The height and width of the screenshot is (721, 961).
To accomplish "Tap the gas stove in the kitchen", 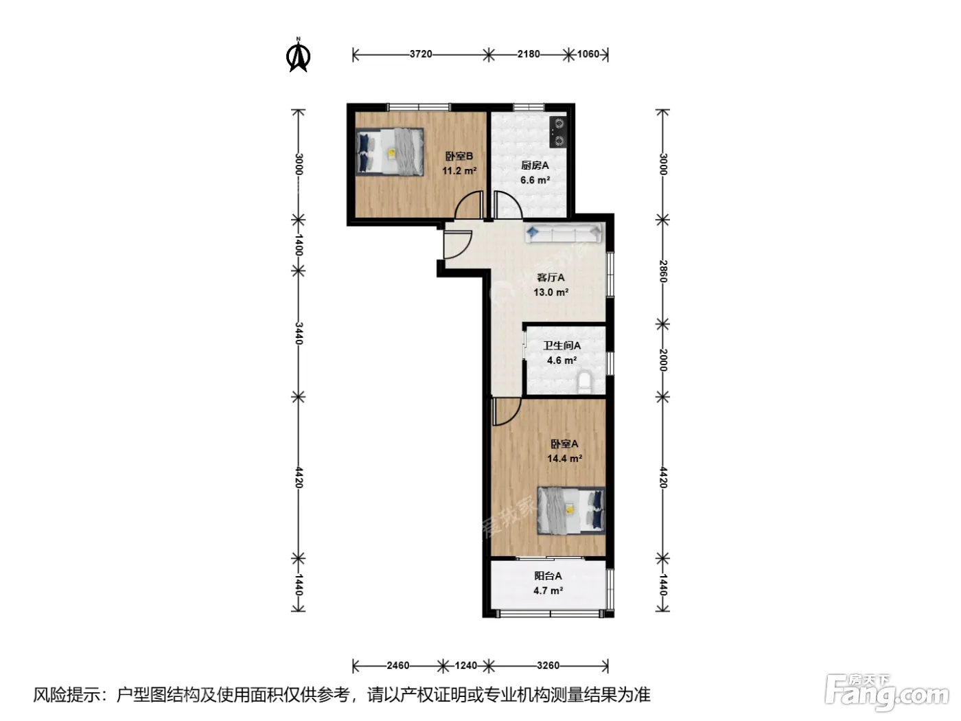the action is (558, 133).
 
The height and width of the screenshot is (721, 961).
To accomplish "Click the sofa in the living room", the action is (564, 233).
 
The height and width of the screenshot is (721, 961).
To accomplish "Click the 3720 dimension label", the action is (421, 54).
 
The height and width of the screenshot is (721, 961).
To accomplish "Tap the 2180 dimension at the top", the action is (529, 54).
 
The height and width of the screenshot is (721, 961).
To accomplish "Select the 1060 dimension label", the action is (588, 54).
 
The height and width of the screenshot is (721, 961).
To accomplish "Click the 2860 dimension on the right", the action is (663, 271).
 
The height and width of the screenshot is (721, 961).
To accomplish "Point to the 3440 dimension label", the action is (299, 334).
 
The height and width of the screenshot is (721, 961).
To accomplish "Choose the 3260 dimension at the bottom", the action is (548, 666).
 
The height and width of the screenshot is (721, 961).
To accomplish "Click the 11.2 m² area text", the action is (459, 171).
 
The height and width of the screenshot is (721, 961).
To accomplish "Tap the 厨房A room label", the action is (535, 165).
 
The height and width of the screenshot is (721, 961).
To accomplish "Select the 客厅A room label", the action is (551, 277).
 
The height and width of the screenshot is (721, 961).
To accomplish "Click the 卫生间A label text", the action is (562, 346).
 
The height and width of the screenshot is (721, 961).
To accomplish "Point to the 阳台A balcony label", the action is (548, 576).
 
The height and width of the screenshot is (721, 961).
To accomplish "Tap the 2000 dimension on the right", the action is (663, 360).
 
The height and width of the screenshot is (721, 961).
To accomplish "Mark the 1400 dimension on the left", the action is (299, 245).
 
